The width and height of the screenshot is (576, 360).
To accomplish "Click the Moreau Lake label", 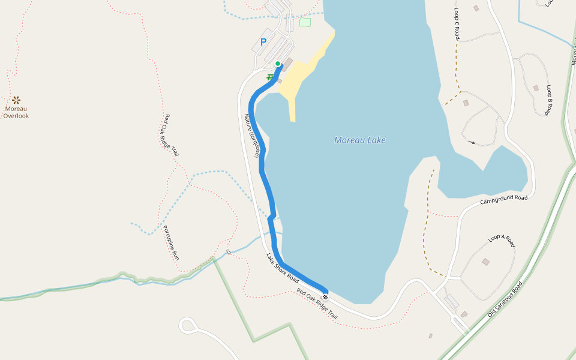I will pyautogui.click(x=359, y=140).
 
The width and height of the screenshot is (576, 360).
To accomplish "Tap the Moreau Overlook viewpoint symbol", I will pyautogui.click(x=16, y=100).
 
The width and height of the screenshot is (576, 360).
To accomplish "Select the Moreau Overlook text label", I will pyautogui.click(x=16, y=112).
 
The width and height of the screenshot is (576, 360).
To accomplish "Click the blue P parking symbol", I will pyautogui.click(x=263, y=43).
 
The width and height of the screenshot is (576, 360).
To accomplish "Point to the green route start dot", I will pyautogui.click(x=277, y=64).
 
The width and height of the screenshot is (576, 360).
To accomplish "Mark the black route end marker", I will pyautogui.click(x=325, y=297).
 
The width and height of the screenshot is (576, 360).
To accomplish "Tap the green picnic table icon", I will pyautogui.click(x=270, y=77).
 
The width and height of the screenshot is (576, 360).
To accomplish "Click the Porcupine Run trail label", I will pyautogui.click(x=171, y=242).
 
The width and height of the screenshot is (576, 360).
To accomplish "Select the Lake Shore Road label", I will pyautogui.click(x=283, y=268).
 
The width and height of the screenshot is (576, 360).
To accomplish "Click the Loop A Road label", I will pyautogui.click(x=502, y=241).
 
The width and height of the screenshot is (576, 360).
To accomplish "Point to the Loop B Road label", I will pyautogui.click(x=548, y=100).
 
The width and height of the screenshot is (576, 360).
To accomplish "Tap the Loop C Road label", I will pyautogui.click(x=457, y=24).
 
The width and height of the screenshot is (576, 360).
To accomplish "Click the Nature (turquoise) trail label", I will pyautogui.click(x=252, y=136).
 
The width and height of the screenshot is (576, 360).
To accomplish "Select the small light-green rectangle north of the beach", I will pyautogui.click(x=305, y=22).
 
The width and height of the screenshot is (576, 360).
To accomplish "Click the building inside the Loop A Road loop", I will pyautogui.click(x=485, y=262).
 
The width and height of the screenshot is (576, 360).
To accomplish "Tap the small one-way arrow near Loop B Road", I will pyautogui.click(x=473, y=142).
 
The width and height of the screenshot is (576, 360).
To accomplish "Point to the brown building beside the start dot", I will pyautogui.click(x=287, y=64).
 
